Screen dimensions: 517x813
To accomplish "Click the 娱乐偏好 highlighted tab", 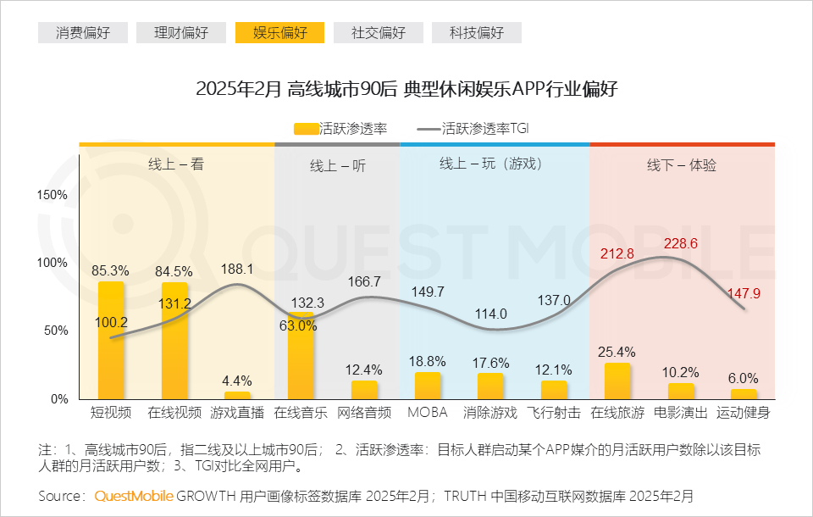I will [x=280, y=33].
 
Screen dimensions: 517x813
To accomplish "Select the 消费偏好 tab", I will [x=82, y=33].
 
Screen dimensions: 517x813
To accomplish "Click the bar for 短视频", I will [x=111, y=339].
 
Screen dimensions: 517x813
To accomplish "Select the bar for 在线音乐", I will [x=301, y=356].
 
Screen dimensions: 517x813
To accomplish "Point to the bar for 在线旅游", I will [x=617, y=381].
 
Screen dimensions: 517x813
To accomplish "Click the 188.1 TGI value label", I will [x=237, y=269].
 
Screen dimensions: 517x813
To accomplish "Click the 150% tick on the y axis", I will [x=53, y=195].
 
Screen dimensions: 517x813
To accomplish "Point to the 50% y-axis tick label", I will [x=57, y=331].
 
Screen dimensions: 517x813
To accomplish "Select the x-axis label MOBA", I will [x=427, y=413].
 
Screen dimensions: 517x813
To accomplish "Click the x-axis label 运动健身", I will [x=744, y=413].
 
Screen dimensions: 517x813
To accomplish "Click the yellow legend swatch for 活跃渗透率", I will [x=306, y=129].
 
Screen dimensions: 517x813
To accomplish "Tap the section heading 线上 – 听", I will [x=337, y=166].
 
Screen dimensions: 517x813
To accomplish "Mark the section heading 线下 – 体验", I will [x=682, y=165].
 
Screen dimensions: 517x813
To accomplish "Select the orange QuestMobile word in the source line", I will [x=134, y=495].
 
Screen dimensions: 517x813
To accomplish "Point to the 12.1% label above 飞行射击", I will [x=554, y=370].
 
